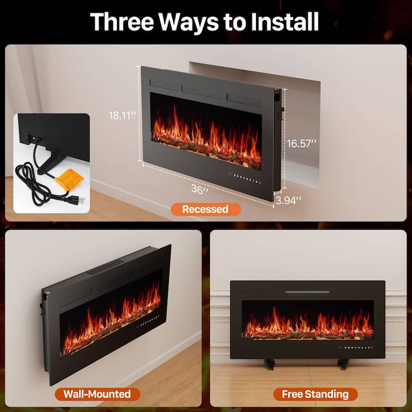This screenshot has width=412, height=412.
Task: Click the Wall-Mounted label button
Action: pyautogui.click(x=97, y=394)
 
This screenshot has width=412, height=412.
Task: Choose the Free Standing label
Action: pyautogui.click(x=315, y=394)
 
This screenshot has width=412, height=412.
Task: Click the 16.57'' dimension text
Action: pyautogui.click(x=301, y=144)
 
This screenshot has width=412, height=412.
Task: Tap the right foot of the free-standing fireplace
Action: pyautogui.click(x=344, y=364)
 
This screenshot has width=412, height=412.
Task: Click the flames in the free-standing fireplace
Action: pyautogui.click(x=307, y=322)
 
